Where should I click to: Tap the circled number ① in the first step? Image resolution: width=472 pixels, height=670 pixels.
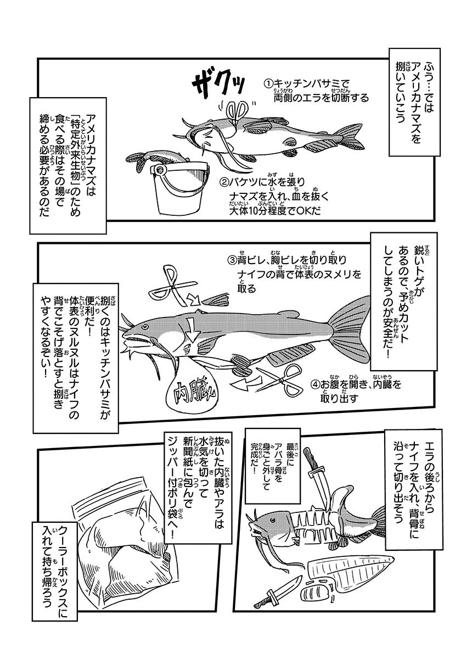tap(268, 83)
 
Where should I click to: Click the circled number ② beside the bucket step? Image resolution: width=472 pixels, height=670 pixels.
tap(223, 182)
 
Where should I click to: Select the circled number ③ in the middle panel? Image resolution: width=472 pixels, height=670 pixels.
tap(232, 260)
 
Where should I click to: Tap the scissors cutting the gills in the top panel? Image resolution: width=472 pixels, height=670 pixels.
tap(237, 111)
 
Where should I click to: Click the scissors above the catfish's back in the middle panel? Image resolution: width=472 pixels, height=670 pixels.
tap(173, 287)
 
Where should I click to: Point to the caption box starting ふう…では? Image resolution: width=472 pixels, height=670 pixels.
tap(414, 102)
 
